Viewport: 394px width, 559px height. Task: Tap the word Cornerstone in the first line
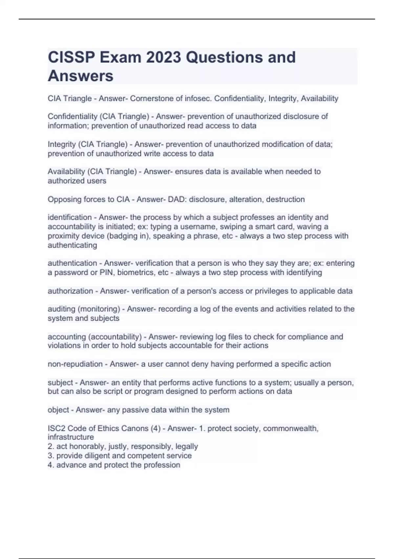pos(150,98)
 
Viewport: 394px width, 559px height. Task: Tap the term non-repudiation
pos(75,364)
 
